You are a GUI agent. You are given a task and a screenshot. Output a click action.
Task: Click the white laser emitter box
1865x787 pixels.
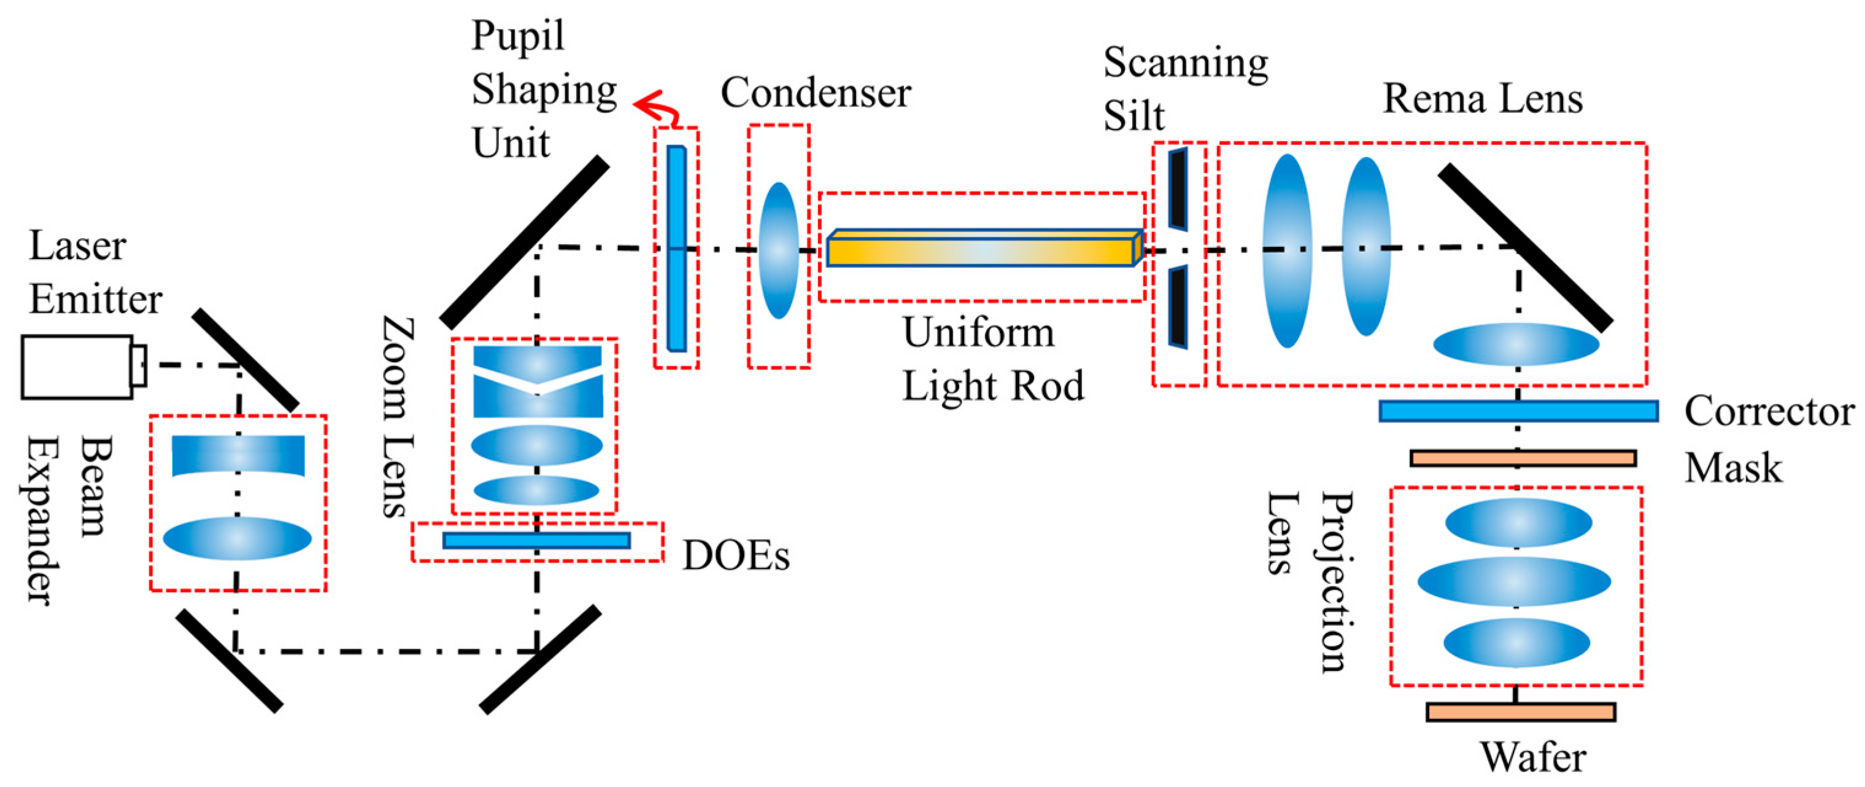pos(77,366)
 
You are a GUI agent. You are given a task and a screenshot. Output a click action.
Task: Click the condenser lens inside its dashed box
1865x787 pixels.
pos(778,250)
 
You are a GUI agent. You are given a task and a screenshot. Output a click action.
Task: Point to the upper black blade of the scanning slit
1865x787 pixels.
pos(1178,188)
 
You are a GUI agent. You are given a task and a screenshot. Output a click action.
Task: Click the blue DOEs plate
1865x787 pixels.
pos(536,540)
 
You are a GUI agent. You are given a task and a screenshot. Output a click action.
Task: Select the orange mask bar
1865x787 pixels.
pos(1523,459)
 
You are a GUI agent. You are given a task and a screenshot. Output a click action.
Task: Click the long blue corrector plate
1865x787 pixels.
pos(1518,411)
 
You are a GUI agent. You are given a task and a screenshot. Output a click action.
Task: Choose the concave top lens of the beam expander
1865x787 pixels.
pos(237,455)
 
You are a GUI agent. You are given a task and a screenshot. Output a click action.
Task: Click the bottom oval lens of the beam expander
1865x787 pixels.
pos(237,538)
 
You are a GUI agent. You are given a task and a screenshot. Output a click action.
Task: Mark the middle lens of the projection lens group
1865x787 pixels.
pos(1514,581)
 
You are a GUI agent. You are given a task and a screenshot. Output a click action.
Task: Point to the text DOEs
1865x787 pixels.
pos(736,556)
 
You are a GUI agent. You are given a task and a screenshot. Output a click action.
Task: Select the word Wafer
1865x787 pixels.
pos(1533,758)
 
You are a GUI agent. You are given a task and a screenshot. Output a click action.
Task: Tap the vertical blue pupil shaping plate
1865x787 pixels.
pos(676,249)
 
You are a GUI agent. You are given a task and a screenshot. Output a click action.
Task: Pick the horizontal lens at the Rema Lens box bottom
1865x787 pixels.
pos(1516,344)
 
